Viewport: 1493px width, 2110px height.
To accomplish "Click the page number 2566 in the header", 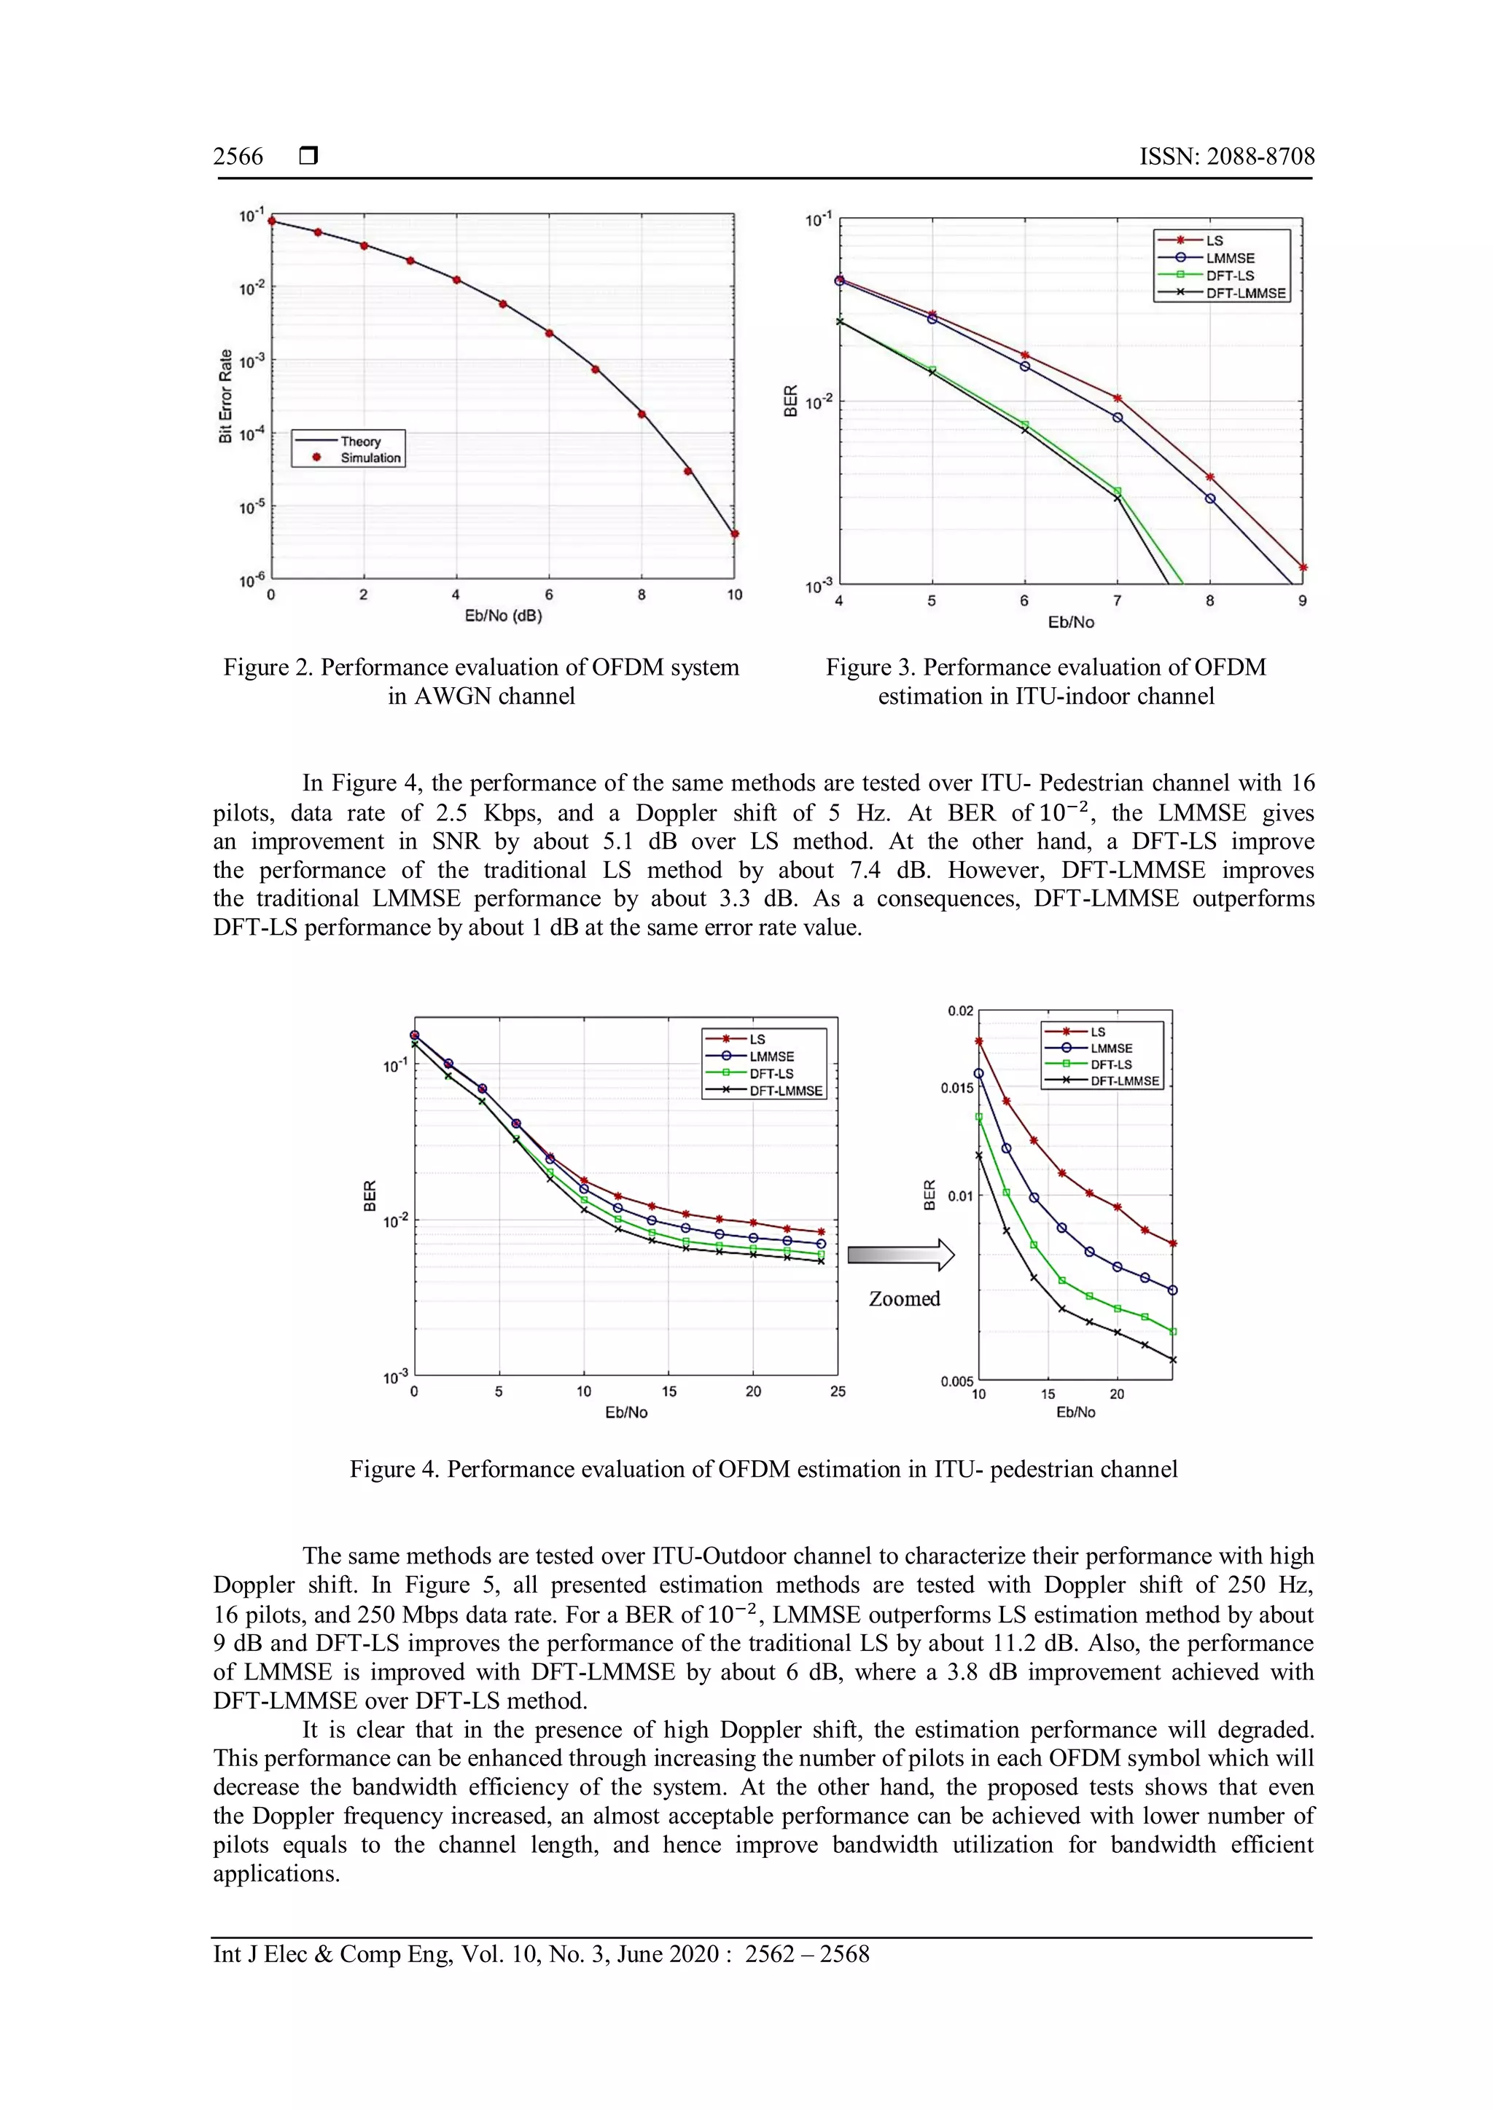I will pos(238,156).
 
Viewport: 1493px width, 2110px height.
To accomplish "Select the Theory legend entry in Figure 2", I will pos(359,441).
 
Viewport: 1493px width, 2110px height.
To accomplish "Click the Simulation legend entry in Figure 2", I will pos(370,458).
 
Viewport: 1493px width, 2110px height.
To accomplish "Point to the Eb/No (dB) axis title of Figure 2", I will pos(503,616).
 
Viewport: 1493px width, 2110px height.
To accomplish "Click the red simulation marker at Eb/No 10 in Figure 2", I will pos(735,534).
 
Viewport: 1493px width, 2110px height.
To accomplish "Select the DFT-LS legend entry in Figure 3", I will pos(1229,275).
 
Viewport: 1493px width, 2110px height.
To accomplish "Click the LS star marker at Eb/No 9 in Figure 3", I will pos(1303,568).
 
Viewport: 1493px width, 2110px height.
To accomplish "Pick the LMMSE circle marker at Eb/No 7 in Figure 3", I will pos(1118,417).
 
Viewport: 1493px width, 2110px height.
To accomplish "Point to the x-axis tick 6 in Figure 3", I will pos(1024,601).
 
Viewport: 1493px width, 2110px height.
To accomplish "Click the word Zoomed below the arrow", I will pos(905,1298).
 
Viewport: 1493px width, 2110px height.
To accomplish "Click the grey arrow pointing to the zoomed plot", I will pos(900,1255).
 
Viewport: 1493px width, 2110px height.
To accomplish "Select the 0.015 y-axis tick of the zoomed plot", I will pos(956,1088).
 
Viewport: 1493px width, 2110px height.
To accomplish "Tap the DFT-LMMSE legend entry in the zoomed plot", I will pos(1123,1081).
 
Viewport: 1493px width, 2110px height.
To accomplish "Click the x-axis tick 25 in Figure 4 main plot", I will pos(838,1392).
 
